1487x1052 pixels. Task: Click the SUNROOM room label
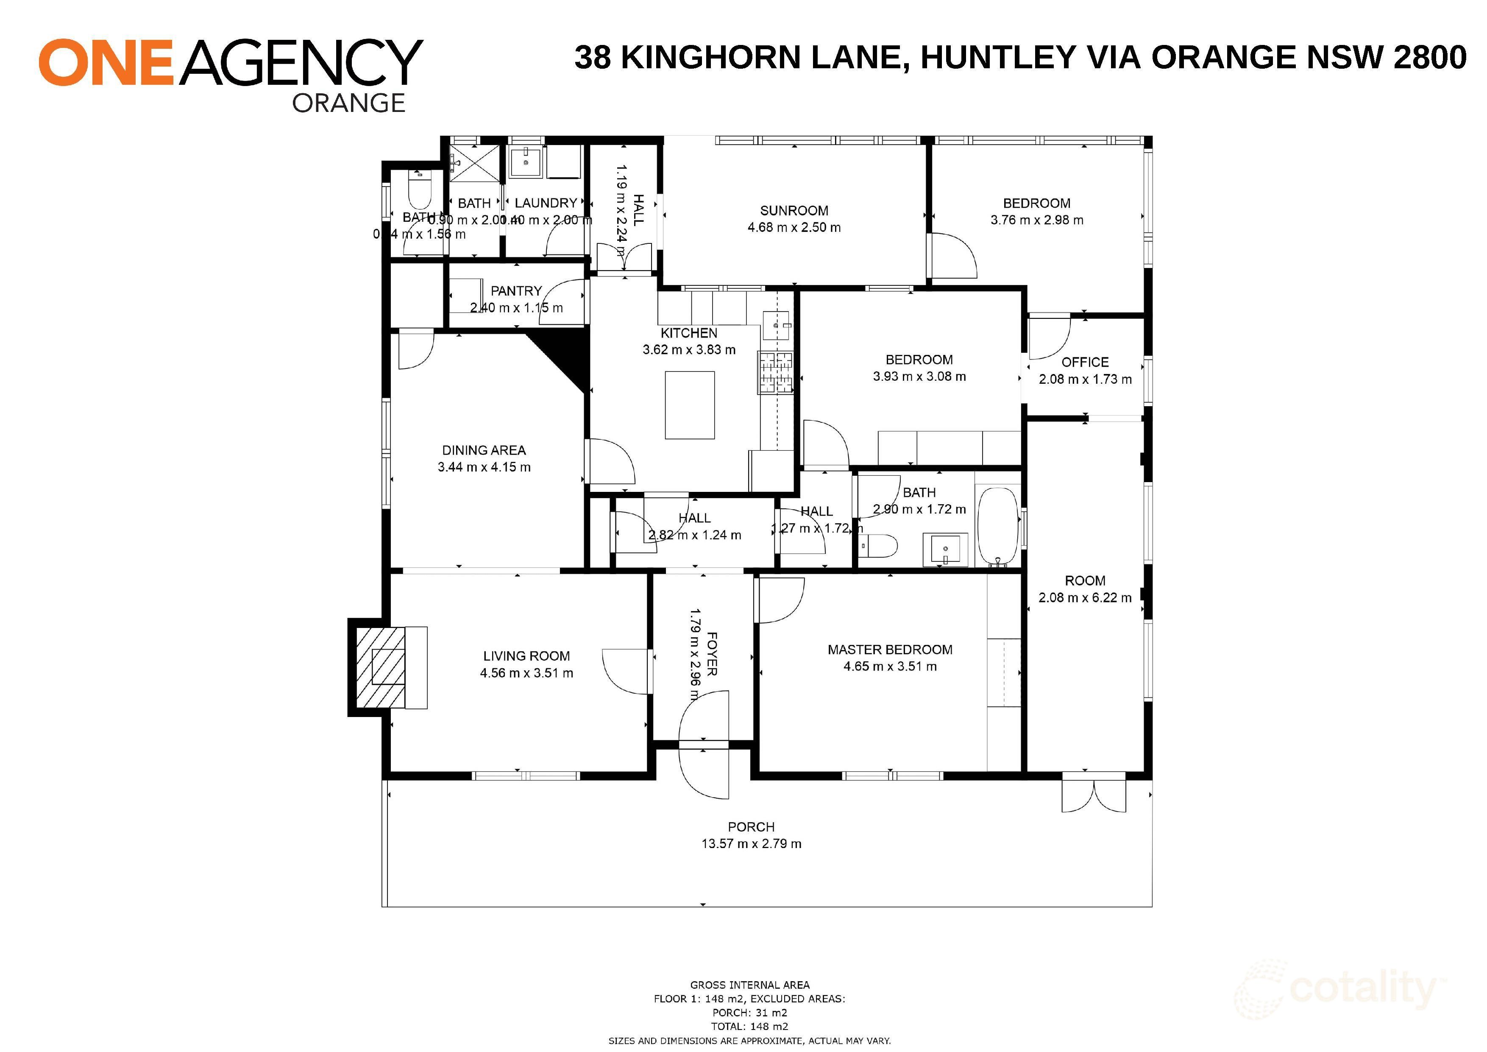tap(794, 211)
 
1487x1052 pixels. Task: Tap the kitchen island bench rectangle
tap(690, 405)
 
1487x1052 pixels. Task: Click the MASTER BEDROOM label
tap(890, 650)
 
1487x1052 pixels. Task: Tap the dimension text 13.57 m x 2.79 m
tap(751, 843)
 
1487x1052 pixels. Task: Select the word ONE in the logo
tap(106, 62)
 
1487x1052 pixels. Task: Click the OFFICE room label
tap(1085, 362)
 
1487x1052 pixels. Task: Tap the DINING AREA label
tap(483, 450)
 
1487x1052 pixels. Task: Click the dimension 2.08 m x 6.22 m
tap(1085, 597)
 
